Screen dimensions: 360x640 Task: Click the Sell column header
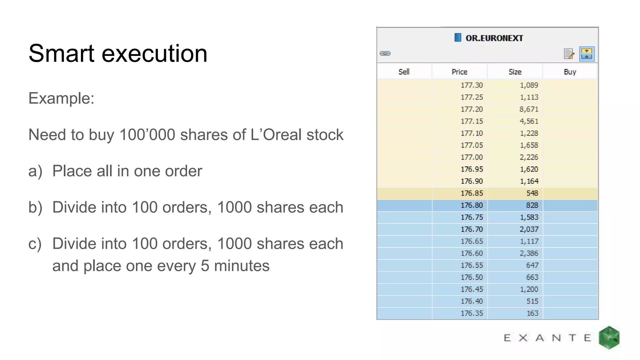tap(404, 72)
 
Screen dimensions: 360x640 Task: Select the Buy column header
tap(570, 72)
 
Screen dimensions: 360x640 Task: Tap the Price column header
tap(459, 72)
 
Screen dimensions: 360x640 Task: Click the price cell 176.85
tap(472, 193)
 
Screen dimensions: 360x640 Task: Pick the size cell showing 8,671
tap(529, 109)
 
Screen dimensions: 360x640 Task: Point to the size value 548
tap(532, 193)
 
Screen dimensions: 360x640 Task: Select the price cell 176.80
tap(472, 205)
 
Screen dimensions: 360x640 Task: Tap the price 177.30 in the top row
tap(472, 85)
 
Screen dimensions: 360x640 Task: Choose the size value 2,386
tap(529, 253)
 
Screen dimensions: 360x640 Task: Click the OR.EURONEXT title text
tap(494, 38)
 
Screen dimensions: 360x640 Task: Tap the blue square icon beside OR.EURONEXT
tap(457, 37)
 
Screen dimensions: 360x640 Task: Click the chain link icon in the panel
tap(385, 53)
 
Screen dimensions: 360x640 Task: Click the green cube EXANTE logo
tap(609, 337)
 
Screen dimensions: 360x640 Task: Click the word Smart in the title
tap(61, 53)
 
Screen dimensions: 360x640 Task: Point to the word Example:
tap(61, 98)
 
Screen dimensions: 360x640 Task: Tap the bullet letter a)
tap(35, 171)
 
